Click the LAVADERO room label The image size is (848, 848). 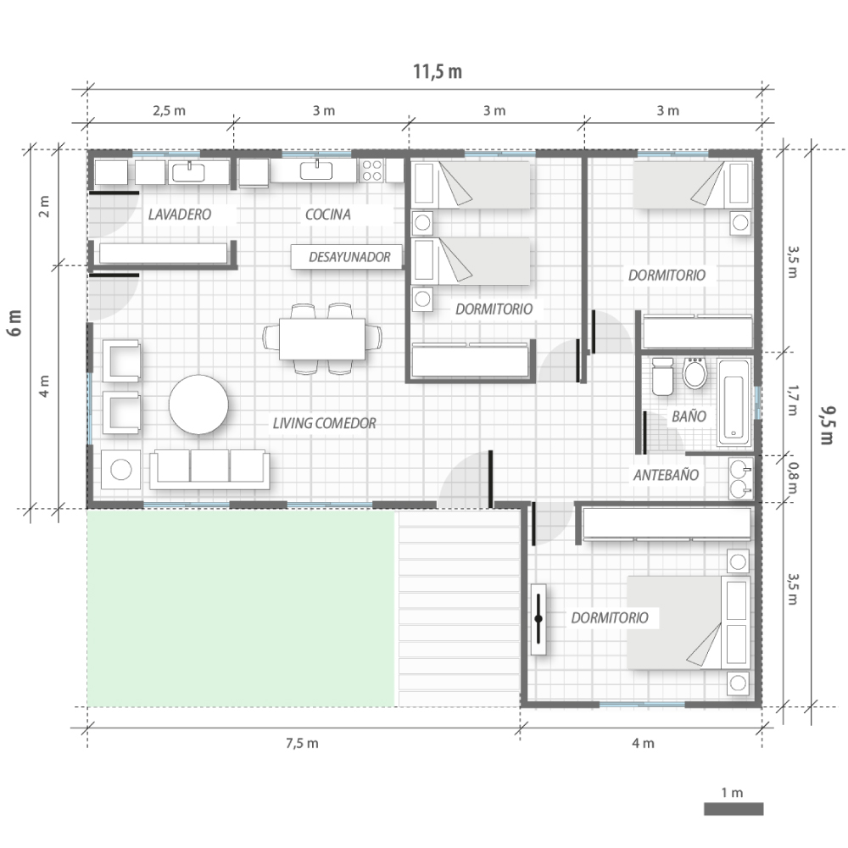tap(180, 215)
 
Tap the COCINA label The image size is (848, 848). tap(327, 215)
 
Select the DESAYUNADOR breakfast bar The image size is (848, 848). tap(347, 257)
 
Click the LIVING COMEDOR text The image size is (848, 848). tap(324, 423)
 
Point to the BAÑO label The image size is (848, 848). tap(689, 416)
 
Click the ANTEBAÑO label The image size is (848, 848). tap(666, 475)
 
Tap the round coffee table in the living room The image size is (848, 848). tap(198, 404)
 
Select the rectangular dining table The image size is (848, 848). tap(322, 339)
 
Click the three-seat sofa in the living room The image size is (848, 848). tap(209, 469)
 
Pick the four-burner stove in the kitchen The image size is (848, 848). tap(372, 170)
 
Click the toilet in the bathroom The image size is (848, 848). tap(695, 373)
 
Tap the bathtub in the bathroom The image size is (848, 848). tap(734, 402)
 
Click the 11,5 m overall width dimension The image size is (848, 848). tap(438, 71)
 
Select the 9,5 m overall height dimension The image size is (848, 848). tap(827, 425)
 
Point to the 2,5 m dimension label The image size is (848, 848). tap(169, 111)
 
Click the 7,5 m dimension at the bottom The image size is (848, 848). tap(302, 744)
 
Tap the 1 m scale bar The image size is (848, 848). tap(734, 808)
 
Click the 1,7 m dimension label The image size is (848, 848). tap(792, 400)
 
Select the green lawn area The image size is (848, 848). tap(241, 608)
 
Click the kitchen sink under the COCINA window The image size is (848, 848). tap(316, 170)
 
